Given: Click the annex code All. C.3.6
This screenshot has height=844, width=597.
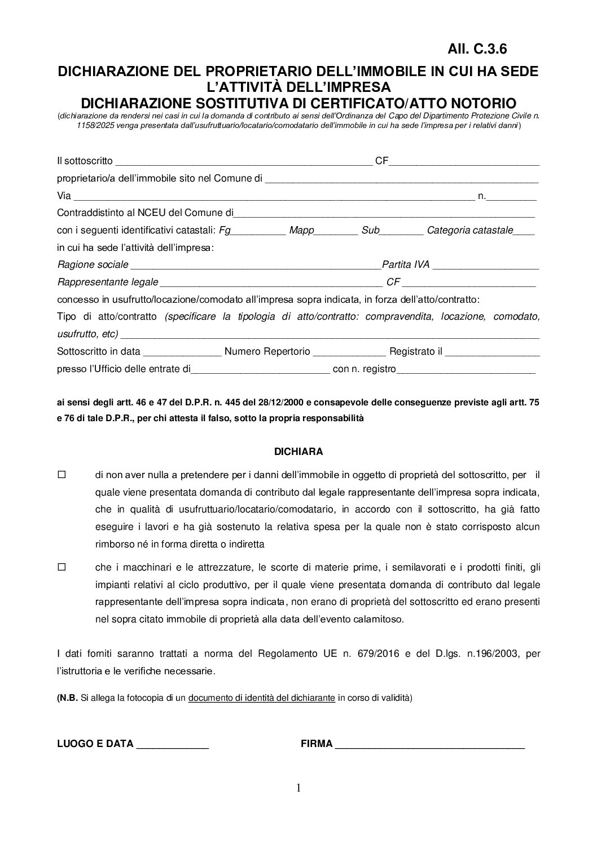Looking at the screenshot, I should click(476, 49).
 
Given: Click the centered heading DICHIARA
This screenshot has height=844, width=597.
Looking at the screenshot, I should click(298, 452).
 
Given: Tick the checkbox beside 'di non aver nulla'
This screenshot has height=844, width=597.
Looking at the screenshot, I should click(62, 475).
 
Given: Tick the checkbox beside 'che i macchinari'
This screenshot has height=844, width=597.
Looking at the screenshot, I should click(62, 568).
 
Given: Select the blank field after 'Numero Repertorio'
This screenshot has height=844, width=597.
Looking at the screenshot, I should click(349, 353).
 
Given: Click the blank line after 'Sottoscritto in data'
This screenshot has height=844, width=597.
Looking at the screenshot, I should click(182, 353).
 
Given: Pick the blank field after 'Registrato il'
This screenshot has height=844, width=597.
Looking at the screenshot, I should click(492, 353).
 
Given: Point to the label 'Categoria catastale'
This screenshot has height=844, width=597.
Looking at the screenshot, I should click(469, 230).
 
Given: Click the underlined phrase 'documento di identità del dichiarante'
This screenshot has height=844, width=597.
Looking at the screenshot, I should click(262, 698).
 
